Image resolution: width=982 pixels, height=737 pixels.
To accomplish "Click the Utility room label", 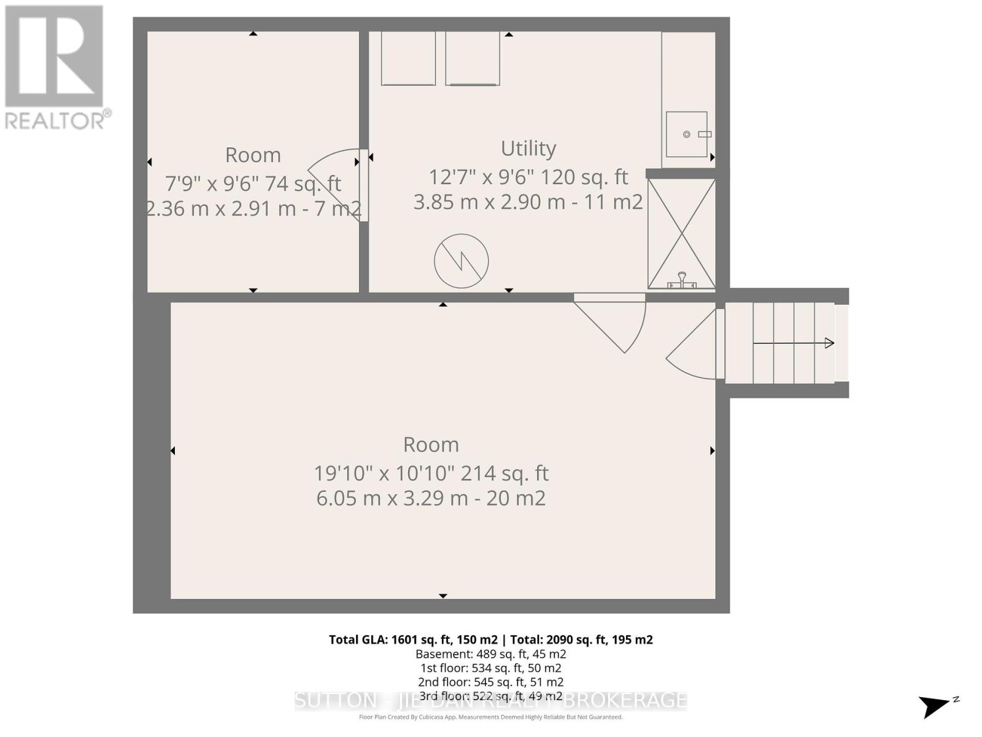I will click(x=528, y=148).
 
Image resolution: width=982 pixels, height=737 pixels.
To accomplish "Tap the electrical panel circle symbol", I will click(x=461, y=261).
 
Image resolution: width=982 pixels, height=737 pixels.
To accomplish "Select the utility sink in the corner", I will click(x=687, y=134).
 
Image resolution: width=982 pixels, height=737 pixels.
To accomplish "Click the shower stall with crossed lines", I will click(x=681, y=233).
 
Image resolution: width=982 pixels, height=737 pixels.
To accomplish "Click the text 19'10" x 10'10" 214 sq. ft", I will click(x=431, y=473).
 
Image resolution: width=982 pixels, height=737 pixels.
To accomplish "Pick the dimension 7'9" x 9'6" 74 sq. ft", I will click(x=253, y=183).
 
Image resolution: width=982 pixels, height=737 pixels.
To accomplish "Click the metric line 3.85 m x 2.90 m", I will click(x=528, y=201).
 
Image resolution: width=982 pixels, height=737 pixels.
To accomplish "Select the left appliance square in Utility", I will click(x=408, y=58).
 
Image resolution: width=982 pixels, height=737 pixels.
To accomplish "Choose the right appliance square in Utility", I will click(x=472, y=58).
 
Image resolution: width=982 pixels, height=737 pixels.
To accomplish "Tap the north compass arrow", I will click(x=936, y=705).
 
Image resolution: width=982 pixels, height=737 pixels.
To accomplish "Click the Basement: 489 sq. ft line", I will click(x=490, y=654).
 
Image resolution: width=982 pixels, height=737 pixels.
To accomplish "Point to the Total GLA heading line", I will click(x=490, y=639).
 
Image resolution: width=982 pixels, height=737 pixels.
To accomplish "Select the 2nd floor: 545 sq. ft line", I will click(x=490, y=682).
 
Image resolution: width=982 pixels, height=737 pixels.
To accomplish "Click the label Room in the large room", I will click(x=431, y=444).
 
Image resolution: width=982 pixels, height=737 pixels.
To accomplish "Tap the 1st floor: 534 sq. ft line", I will click(x=490, y=668).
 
